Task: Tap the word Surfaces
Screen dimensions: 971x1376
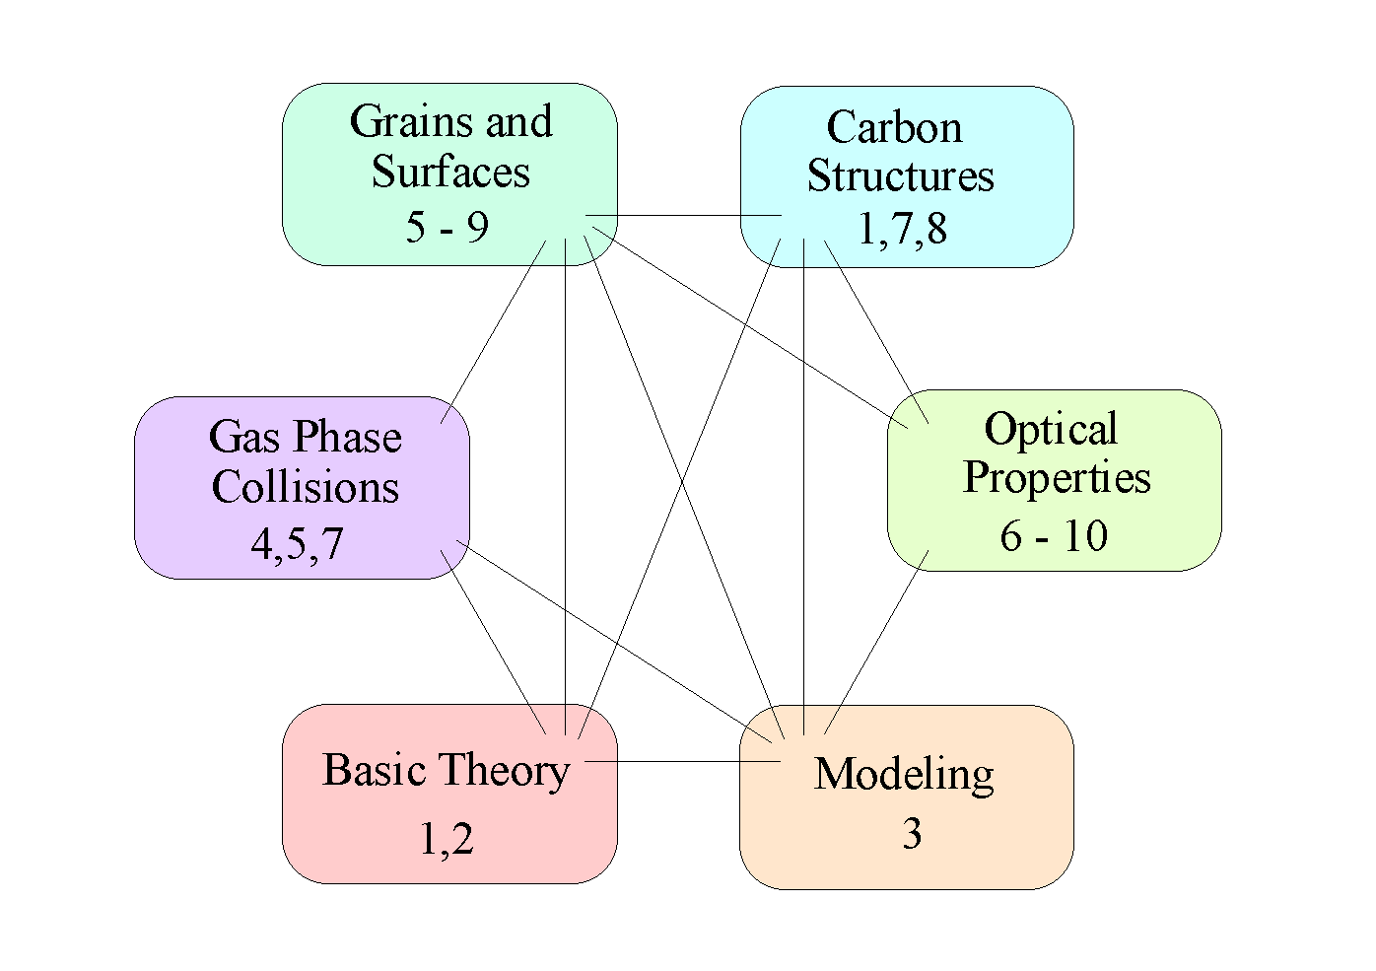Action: click(450, 172)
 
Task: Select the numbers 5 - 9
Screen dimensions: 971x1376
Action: click(447, 227)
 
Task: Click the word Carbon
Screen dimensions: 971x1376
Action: click(894, 127)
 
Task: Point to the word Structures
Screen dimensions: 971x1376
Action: click(900, 175)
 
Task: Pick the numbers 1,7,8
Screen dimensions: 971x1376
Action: click(902, 229)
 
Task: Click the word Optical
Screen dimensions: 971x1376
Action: click(1051, 430)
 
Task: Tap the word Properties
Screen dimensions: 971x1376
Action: click(1057, 478)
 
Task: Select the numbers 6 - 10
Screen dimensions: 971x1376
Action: click(1054, 536)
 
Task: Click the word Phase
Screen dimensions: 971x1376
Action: click(349, 437)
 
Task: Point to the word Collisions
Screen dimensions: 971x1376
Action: click(306, 487)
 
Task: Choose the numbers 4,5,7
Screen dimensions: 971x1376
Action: click(297, 543)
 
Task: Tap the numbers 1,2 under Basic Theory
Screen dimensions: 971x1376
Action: click(447, 839)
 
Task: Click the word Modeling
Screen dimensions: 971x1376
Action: click(904, 775)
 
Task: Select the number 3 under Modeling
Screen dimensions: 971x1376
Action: click(912, 834)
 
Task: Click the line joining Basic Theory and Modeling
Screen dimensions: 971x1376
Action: click(680, 761)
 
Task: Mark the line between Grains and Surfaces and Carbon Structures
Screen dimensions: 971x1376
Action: click(680, 215)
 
